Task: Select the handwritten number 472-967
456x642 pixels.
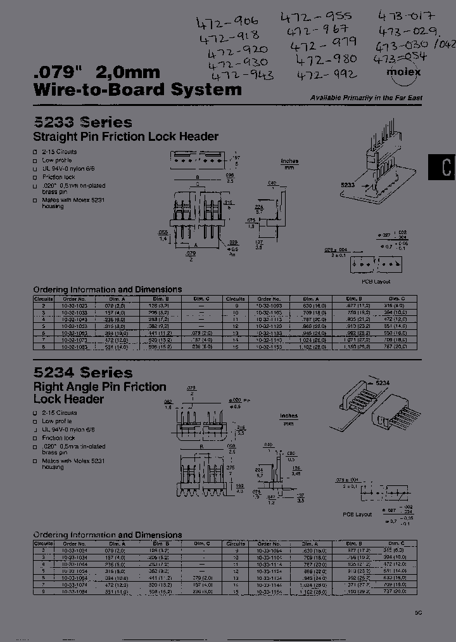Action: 317,30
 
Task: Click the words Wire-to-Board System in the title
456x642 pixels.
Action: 137,89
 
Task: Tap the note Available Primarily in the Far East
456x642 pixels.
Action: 365,98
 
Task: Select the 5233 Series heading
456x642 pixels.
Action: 82,122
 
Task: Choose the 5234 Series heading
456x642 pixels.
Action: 82,372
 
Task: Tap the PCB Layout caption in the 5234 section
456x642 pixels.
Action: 358,514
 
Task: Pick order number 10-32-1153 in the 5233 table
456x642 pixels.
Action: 269,346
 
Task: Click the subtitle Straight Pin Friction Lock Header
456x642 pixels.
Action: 125,136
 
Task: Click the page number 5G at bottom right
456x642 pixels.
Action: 418,613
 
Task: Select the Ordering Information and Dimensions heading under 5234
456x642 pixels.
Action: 108,535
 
